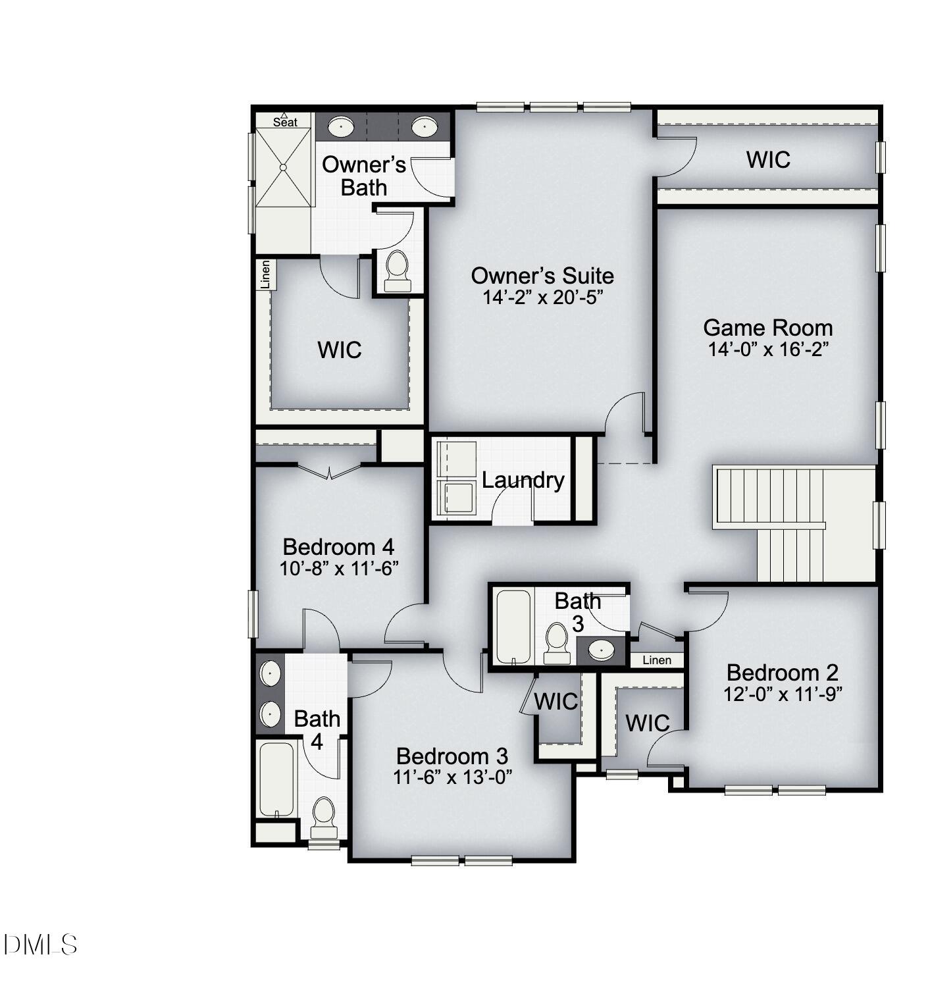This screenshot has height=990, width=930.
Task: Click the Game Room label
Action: click(767, 327)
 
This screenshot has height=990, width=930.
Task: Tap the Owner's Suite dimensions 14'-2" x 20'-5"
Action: click(542, 298)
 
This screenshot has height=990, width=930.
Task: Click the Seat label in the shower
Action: click(285, 122)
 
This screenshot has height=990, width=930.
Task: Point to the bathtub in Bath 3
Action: click(513, 626)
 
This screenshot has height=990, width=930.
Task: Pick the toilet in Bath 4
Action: click(323, 815)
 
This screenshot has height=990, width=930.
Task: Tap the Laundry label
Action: click(523, 480)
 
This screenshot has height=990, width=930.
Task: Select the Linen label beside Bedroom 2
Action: click(656, 660)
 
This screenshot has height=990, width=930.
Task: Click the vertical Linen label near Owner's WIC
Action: click(266, 274)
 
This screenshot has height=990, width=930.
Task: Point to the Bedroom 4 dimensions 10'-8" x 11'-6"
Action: click(339, 568)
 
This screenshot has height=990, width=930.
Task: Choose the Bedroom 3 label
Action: click(452, 756)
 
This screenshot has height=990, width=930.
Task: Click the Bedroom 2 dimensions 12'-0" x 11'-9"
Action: click(783, 694)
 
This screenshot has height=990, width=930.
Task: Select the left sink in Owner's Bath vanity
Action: click(341, 126)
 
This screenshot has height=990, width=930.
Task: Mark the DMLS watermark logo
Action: click(40, 945)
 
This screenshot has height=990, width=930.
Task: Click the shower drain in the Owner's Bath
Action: click(283, 168)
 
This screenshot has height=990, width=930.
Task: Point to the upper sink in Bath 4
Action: click(270, 673)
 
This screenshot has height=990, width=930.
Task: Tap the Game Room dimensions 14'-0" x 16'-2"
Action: click(767, 349)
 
